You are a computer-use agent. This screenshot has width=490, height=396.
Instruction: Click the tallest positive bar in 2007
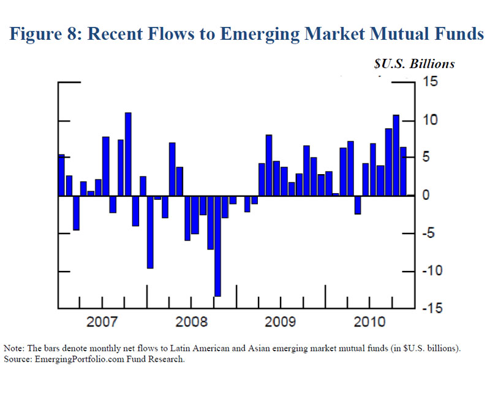point(128,154)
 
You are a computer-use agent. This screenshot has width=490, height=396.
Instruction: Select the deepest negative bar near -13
point(217,246)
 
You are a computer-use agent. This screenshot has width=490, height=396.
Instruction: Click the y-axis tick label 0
point(428,196)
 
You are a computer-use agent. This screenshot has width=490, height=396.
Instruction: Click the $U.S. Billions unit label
point(415,64)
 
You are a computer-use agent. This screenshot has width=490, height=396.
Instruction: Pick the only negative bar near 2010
point(358,205)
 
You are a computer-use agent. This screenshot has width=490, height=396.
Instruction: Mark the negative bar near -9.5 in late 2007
point(150,232)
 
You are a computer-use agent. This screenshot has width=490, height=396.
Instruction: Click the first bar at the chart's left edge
point(61,175)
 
